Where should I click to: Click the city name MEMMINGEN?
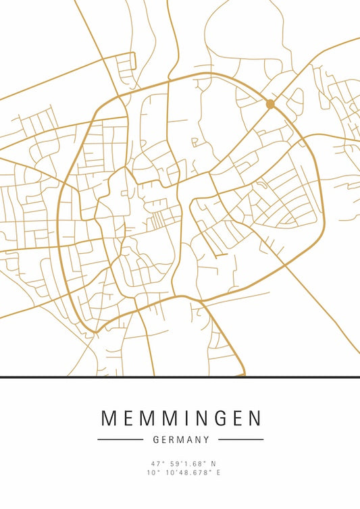pos(180,419)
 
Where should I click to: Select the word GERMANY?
pos(181,439)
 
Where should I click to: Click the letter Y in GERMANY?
pos(206,439)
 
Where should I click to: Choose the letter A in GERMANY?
pos(189,439)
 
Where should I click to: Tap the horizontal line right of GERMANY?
pos(241,439)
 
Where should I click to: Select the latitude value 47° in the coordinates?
pos(157,464)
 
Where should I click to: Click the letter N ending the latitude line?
pos(213,464)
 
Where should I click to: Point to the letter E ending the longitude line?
pos(218,473)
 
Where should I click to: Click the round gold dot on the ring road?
pos(270,104)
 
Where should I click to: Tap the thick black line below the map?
pos(180,377)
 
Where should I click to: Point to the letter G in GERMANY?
pos(157,439)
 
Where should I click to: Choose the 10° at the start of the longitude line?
pos(151,473)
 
